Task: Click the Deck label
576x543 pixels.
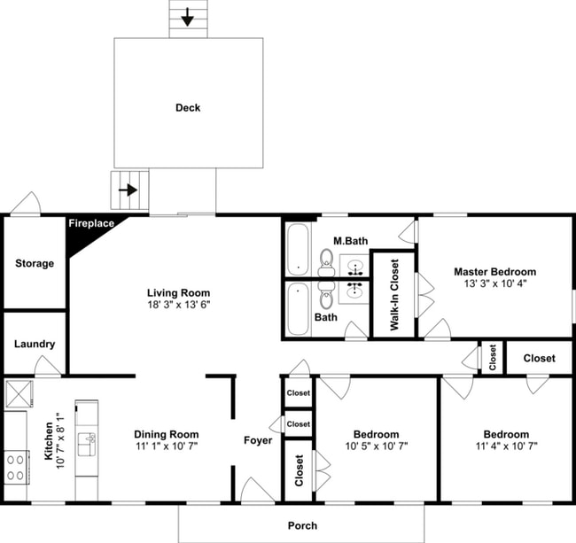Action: (188, 108)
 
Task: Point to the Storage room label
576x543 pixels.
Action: (35, 263)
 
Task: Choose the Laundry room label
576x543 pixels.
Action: (35, 344)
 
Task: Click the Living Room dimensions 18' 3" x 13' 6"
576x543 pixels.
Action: (178, 305)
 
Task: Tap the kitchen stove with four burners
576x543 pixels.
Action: (16, 466)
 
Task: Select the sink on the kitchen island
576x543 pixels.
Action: (86, 443)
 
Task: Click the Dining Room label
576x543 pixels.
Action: (166, 434)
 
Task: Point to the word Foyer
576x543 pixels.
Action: (258, 440)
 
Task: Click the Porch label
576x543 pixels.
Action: (302, 526)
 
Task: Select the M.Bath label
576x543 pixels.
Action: (350, 241)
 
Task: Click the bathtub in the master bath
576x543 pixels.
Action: (298, 249)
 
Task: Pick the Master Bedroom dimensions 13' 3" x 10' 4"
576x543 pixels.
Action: (494, 283)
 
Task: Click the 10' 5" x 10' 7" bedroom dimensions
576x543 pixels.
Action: (376, 446)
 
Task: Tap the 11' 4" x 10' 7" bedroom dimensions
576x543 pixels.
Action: (506, 446)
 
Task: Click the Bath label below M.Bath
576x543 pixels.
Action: (325, 316)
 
